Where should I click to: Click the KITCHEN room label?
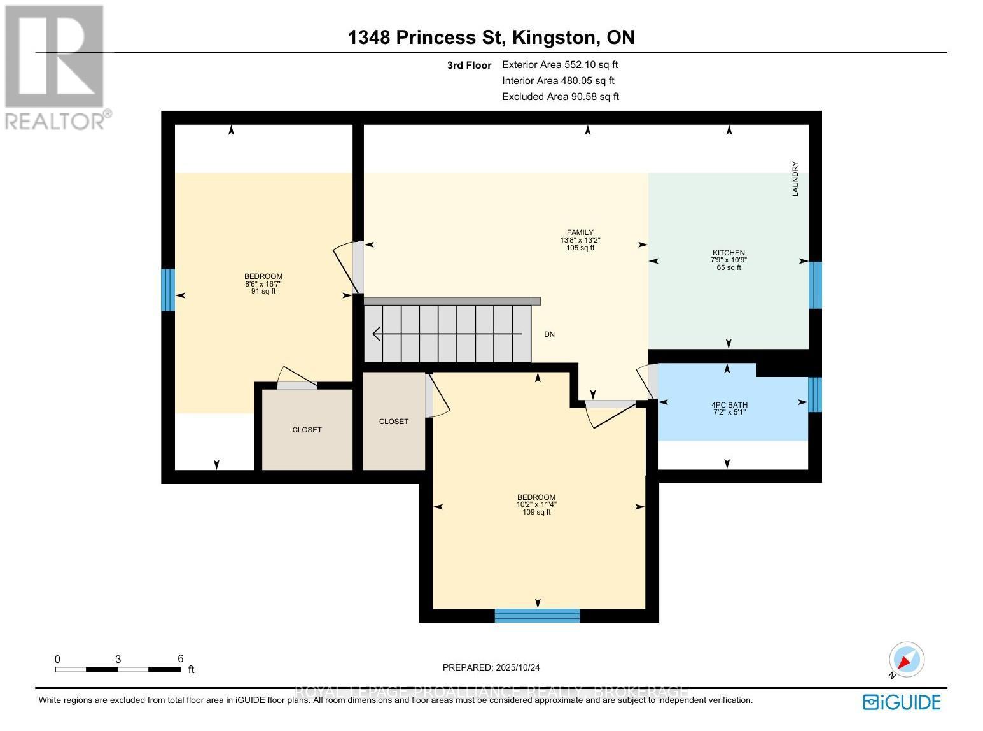click(729, 253)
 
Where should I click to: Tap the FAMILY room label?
click(580, 232)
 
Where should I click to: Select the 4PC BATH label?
click(729, 404)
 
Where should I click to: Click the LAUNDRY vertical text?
click(795, 179)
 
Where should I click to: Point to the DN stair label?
click(549, 334)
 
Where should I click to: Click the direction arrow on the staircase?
click(445, 334)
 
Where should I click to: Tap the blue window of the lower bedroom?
click(537, 615)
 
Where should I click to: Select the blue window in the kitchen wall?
click(814, 285)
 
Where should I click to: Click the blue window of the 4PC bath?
click(814, 395)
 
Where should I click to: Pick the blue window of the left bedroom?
click(167, 290)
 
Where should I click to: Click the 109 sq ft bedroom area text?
click(536, 512)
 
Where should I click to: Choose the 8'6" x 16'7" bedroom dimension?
click(263, 284)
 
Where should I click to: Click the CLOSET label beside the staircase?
click(393, 422)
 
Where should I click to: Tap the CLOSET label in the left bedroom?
click(307, 430)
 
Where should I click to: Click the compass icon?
click(906, 660)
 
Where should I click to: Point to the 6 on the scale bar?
click(180, 659)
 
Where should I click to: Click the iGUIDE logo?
click(902, 702)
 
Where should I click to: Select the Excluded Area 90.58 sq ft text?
click(560, 97)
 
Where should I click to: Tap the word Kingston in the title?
click(553, 38)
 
